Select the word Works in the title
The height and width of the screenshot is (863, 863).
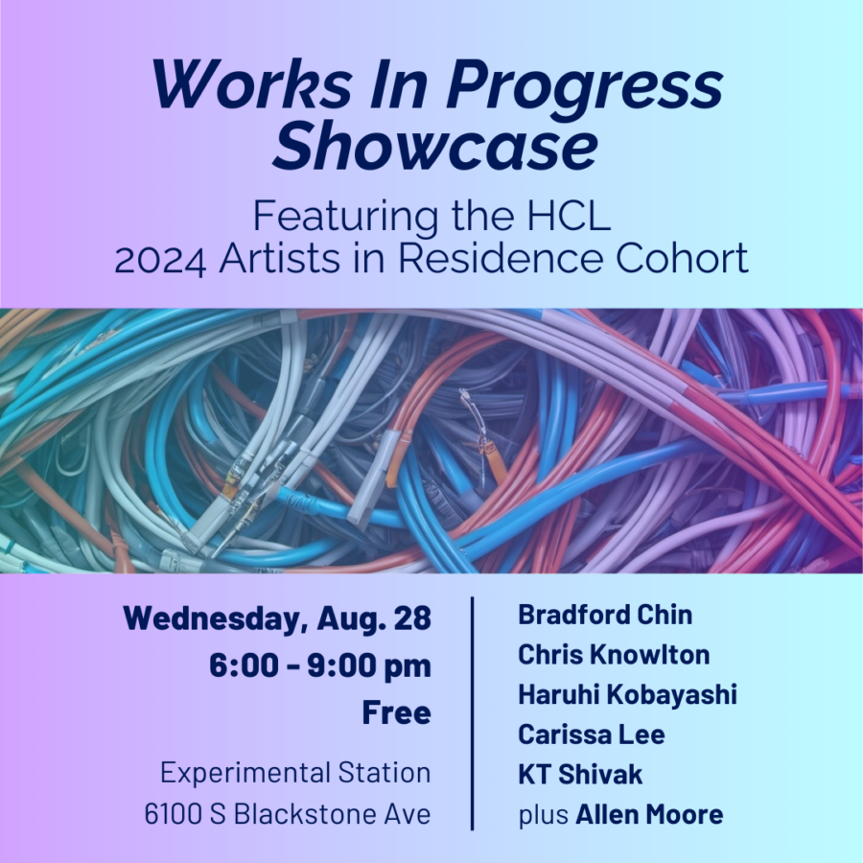pyautogui.click(x=251, y=83)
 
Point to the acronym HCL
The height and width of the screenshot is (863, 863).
pyautogui.click(x=569, y=217)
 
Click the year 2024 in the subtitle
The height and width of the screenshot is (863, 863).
pyautogui.click(x=161, y=260)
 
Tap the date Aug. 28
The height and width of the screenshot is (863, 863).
pyautogui.click(x=374, y=618)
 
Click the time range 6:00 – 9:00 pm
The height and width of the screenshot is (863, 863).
pyautogui.click(x=320, y=666)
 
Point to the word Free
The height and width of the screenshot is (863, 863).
pyautogui.click(x=396, y=712)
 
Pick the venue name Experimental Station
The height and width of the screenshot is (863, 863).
pyautogui.click(x=295, y=772)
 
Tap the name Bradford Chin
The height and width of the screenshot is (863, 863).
pyautogui.click(x=605, y=615)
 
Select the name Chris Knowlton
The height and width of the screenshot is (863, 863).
pyautogui.click(x=614, y=655)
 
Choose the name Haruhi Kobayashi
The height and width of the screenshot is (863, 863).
pyautogui.click(x=627, y=694)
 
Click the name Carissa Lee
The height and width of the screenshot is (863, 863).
pyautogui.click(x=591, y=735)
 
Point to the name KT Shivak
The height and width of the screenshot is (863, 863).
pyautogui.click(x=580, y=775)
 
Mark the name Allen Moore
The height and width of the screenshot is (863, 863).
pyautogui.click(x=649, y=814)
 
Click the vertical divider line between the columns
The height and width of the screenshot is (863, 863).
pyautogui.click(x=472, y=713)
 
